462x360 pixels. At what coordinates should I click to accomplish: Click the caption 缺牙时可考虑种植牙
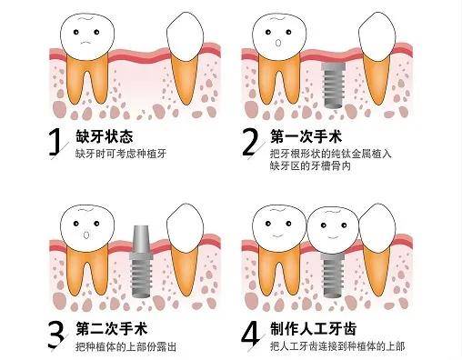pyautogui.click(x=122, y=154)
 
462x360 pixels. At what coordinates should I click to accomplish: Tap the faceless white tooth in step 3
pyautogui.click(x=189, y=223)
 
